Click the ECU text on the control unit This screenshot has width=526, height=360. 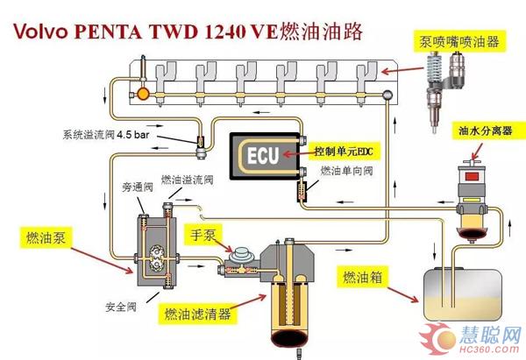point(263,156)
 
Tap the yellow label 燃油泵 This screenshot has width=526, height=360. point(46,237)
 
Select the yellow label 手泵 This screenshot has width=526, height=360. point(203,235)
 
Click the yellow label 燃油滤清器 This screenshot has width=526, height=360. point(197,314)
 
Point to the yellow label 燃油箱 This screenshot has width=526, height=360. point(362,277)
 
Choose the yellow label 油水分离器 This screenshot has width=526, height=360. point(486,131)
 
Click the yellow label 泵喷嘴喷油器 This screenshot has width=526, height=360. point(459,41)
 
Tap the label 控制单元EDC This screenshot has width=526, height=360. point(343,152)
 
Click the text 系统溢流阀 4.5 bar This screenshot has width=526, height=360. point(106,135)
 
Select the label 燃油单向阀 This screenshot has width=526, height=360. point(346,171)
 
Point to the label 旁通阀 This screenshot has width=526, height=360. point(138,187)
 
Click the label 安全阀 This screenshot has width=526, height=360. point(121,307)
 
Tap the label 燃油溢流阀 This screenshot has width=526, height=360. point(188,180)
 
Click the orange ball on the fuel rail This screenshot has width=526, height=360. point(143,95)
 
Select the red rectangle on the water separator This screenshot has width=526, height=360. point(472,177)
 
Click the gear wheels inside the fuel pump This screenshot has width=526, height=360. point(156,258)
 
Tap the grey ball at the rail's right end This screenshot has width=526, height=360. point(387,95)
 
